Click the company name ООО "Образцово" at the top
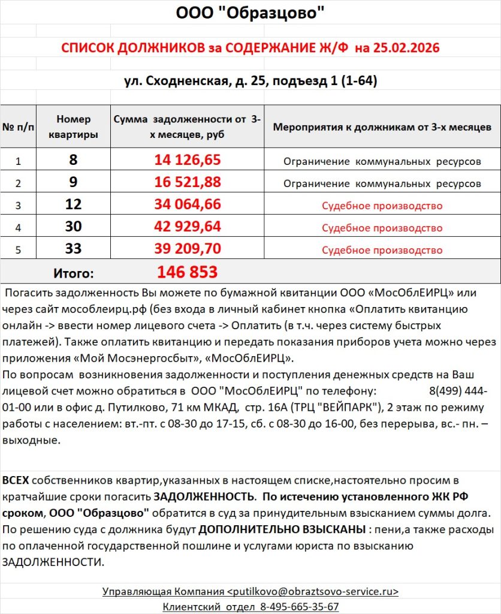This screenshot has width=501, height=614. (x=251, y=14)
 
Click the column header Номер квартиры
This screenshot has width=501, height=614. (x=73, y=127)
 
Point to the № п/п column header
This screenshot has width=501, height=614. (x=18, y=127)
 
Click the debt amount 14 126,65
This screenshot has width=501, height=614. (x=187, y=159)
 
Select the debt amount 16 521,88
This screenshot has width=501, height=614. (x=187, y=182)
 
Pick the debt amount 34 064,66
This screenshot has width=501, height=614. (x=187, y=205)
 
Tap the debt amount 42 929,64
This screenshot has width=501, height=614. (x=187, y=227)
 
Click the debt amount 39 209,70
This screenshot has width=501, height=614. (x=187, y=249)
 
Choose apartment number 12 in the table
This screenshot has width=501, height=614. (x=73, y=205)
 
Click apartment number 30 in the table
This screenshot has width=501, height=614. (x=73, y=227)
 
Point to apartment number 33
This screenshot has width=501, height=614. (x=73, y=249)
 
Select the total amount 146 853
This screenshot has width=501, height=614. (x=187, y=272)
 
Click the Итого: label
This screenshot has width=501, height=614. (x=73, y=273)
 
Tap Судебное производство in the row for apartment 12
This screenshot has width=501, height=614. (x=382, y=206)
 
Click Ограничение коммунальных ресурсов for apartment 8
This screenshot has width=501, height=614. (x=382, y=161)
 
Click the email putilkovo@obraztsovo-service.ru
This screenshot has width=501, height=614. (x=313, y=591)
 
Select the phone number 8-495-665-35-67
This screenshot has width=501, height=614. (x=299, y=606)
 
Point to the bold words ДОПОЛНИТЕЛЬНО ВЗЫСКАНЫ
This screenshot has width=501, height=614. (x=282, y=531)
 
